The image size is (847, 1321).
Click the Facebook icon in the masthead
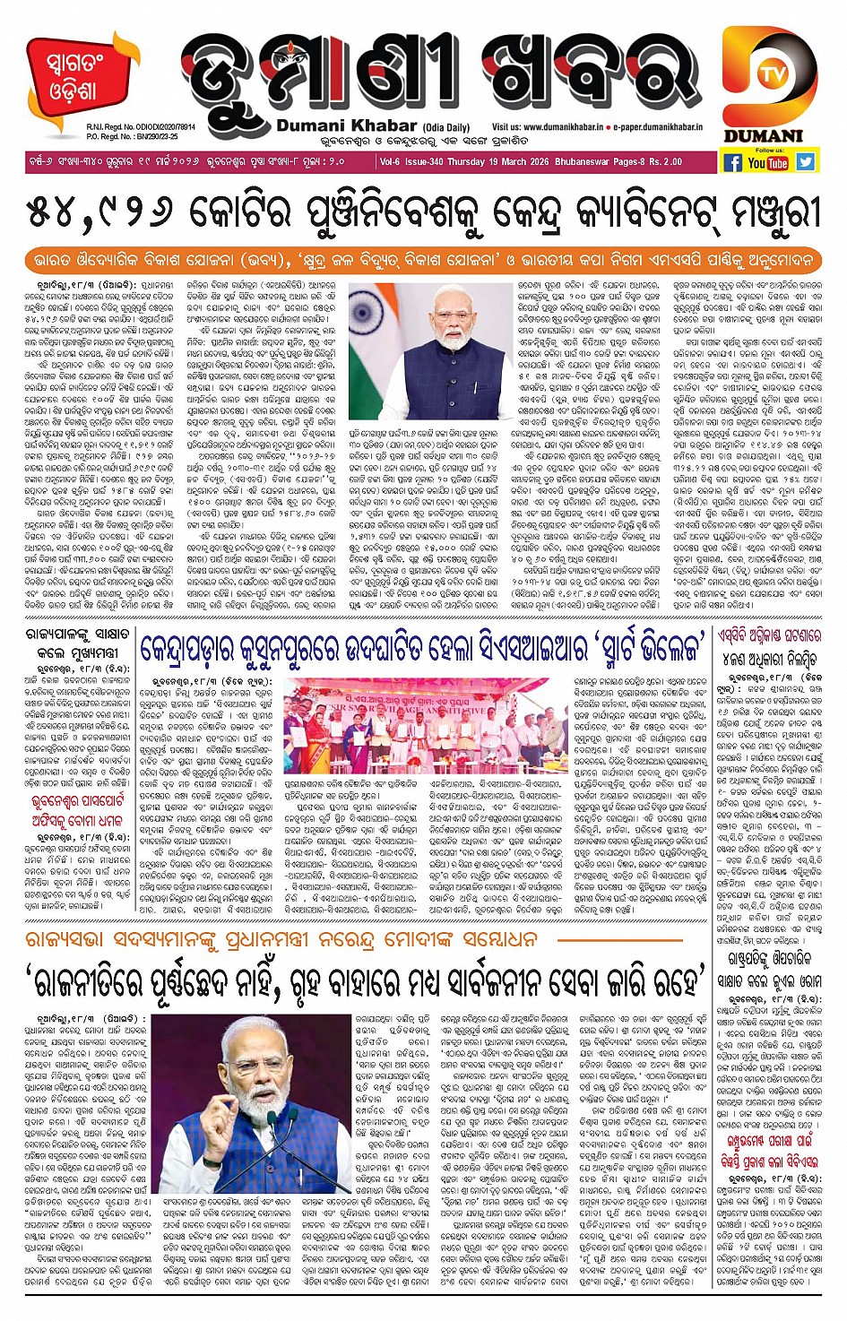tap(733, 162)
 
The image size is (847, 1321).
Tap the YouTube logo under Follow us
tap(768, 162)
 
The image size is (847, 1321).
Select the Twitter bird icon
tap(805, 162)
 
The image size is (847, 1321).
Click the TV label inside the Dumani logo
tap(767, 76)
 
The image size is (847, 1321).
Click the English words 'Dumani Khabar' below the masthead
tap(346, 126)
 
